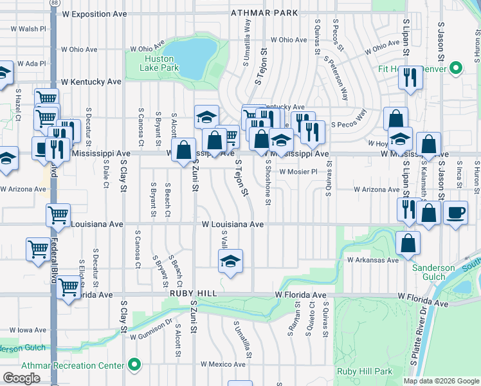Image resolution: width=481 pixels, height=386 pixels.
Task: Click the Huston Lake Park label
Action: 159,63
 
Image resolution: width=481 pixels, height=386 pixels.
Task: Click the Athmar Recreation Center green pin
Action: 134,365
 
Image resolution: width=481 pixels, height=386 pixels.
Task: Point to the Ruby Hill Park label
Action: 364,372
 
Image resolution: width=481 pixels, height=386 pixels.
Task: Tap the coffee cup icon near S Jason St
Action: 456,212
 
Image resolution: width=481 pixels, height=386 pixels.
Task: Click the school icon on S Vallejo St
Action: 230,261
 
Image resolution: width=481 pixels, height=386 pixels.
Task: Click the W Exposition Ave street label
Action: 100,14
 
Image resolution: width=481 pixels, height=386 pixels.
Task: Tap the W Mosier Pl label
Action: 298,172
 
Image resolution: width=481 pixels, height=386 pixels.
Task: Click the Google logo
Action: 21,378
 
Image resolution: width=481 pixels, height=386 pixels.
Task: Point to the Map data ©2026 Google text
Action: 440,381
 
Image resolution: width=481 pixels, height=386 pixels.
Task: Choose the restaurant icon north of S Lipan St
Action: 409,77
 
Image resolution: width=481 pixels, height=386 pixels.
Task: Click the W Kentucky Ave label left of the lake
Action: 91,82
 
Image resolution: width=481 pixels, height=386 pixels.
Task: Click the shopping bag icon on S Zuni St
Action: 184,149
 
